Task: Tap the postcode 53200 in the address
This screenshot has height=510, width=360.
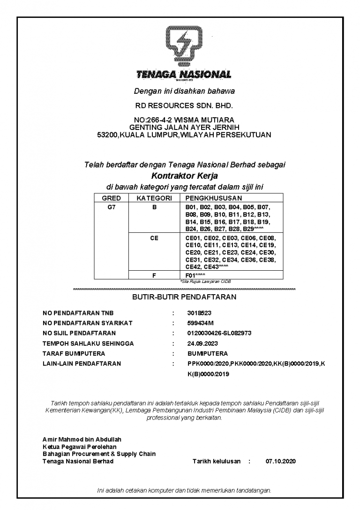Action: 106,135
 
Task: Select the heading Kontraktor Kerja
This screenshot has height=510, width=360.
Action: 185,176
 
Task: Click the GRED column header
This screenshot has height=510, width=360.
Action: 111,198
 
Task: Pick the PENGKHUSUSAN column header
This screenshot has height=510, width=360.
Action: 214,198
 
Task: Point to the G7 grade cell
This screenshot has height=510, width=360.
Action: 111,207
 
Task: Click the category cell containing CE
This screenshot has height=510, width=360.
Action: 154,238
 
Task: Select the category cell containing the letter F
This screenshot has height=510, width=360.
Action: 154,275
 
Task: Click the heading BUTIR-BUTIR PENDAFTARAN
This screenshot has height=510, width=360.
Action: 184,297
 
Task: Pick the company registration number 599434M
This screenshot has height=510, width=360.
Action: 200,323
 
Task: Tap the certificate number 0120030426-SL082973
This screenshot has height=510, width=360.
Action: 219,333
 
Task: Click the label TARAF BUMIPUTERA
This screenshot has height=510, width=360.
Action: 74,353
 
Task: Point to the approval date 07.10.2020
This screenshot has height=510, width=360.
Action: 281,461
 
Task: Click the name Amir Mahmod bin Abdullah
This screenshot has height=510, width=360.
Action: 82,440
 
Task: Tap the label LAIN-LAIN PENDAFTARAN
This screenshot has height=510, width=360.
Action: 82,364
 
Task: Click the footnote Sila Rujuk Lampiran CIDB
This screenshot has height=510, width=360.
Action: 206,282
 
